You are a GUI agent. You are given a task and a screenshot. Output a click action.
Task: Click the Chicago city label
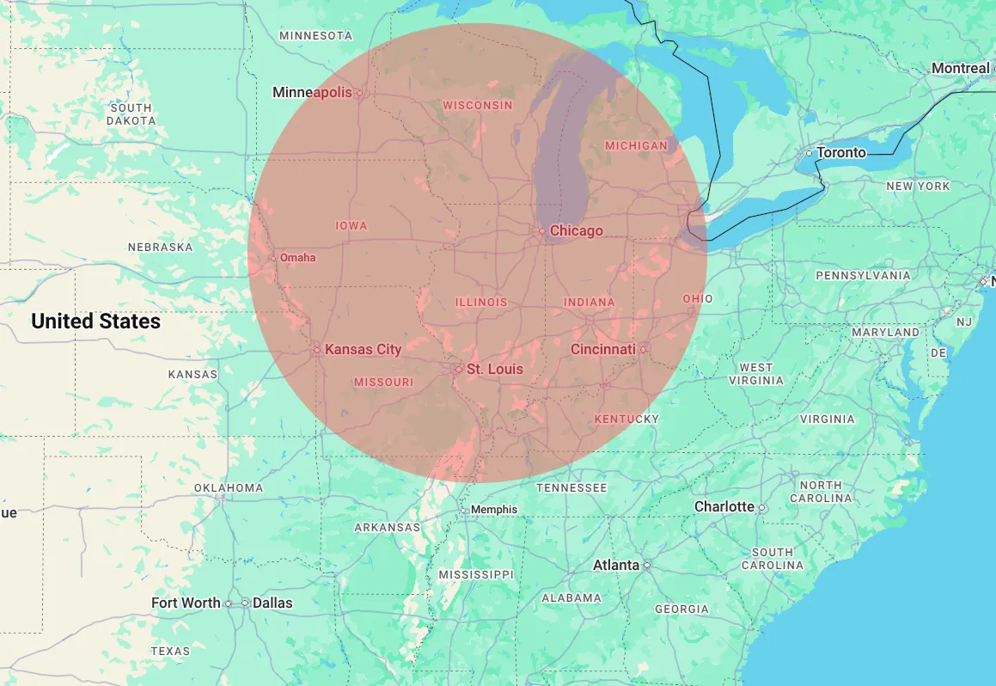577,230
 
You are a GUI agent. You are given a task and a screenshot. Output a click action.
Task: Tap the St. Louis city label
494,369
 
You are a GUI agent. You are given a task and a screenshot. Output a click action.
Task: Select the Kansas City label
363,349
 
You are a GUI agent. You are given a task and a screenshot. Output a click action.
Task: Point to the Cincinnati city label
603,349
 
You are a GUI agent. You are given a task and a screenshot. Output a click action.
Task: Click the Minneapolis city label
312,92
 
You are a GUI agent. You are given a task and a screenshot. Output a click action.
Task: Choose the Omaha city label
297,257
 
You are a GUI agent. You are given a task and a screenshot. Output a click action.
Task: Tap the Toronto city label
841,152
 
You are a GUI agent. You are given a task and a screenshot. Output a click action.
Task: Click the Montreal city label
960,68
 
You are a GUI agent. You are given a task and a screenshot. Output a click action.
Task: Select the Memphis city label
494,509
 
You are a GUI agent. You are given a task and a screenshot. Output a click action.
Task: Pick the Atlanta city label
616,565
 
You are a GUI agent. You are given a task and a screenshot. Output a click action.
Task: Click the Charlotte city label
724,506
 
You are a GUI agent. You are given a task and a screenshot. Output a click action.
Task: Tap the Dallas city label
272,603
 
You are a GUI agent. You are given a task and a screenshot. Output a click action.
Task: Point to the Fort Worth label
186,603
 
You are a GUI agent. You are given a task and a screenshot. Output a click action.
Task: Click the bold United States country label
95,321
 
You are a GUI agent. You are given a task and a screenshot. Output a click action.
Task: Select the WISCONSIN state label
477,105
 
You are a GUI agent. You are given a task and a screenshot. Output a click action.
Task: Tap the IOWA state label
351,225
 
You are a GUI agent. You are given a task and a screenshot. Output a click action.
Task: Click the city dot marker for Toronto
809,153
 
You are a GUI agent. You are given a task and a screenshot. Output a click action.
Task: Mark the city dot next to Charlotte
761,507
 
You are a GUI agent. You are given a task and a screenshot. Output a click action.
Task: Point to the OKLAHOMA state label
228,487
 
